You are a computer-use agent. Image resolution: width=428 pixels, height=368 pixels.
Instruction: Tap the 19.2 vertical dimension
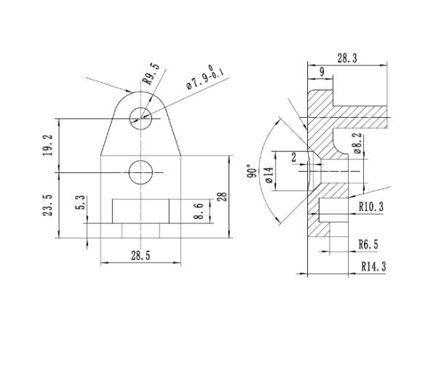pos(48,145)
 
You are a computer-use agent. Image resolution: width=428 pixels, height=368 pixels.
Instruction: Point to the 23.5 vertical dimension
pos(48,205)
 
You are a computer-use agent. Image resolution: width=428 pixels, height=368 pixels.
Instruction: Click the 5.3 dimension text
pos(81,201)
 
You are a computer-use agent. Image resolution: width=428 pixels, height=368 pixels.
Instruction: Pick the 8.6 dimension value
pos(199,212)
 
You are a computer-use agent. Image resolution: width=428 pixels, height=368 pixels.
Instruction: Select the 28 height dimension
pos(222,196)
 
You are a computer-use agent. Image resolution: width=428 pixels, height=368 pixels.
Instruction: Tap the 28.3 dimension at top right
pos(347,57)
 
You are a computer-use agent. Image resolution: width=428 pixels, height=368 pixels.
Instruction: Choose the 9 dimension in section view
pos(321,71)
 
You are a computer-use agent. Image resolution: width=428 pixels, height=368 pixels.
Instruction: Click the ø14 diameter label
pos(269,175)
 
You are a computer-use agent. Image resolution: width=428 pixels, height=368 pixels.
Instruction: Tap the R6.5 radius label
pos(368,244)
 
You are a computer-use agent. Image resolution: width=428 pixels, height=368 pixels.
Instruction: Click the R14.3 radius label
pos(373,266)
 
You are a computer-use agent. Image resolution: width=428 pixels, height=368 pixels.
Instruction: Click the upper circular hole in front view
pos(140,117)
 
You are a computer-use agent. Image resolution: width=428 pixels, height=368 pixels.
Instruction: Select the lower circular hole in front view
pos(140,172)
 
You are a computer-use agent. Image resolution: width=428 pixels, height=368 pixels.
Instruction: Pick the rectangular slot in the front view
pos(141,211)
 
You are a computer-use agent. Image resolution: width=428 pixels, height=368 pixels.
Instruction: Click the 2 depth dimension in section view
pos(294,157)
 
